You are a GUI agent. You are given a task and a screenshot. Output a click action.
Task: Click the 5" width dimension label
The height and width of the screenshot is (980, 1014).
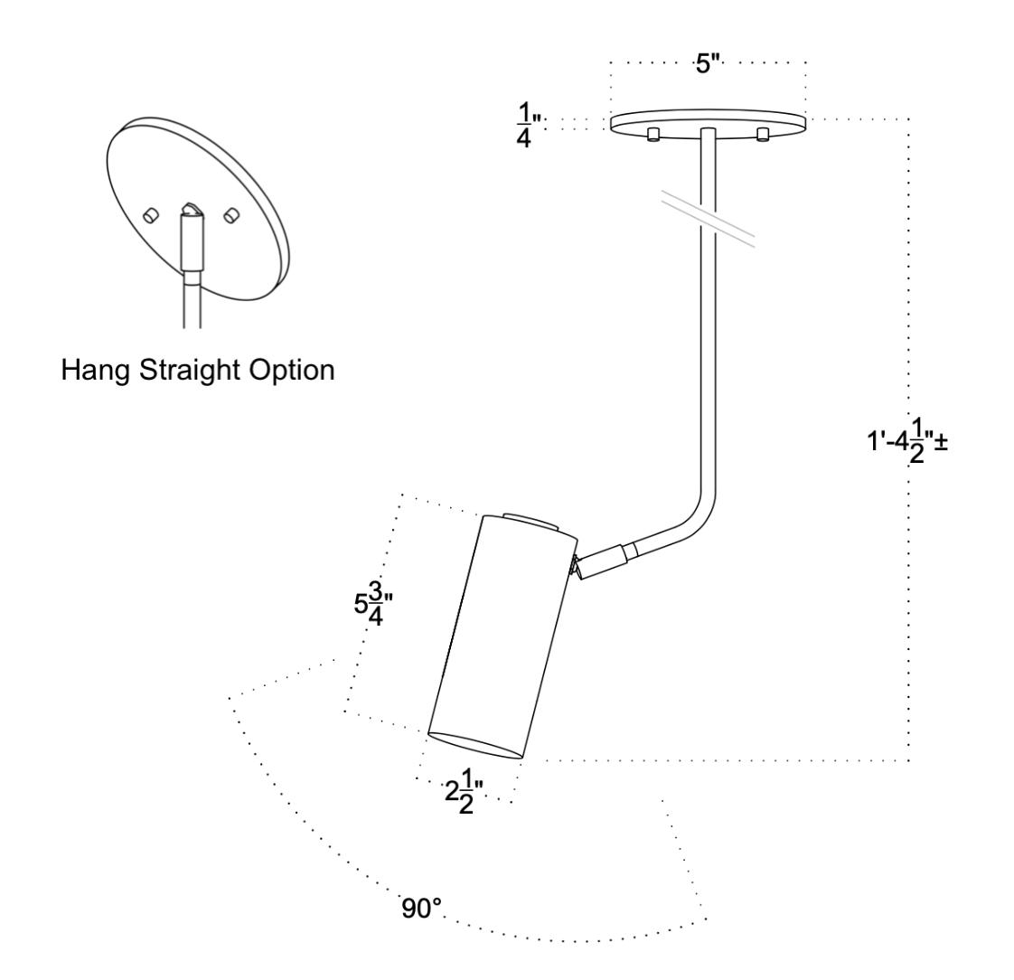[x=709, y=66]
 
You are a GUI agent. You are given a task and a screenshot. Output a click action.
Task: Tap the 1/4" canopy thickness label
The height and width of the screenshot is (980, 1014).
[x=523, y=126]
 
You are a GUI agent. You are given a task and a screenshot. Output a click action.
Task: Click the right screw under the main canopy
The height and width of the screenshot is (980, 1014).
[x=763, y=135]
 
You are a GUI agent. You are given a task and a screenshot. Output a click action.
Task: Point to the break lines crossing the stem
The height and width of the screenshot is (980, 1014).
[x=708, y=218]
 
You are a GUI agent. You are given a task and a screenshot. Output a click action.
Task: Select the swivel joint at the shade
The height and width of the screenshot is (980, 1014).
[x=577, y=567]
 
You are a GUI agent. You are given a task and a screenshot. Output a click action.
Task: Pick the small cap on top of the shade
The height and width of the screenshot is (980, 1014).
[x=530, y=520]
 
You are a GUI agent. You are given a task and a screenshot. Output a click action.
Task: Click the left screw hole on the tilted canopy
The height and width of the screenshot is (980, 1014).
[x=151, y=214]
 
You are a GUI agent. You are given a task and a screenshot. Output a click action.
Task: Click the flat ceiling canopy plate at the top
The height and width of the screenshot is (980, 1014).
[x=708, y=121]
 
